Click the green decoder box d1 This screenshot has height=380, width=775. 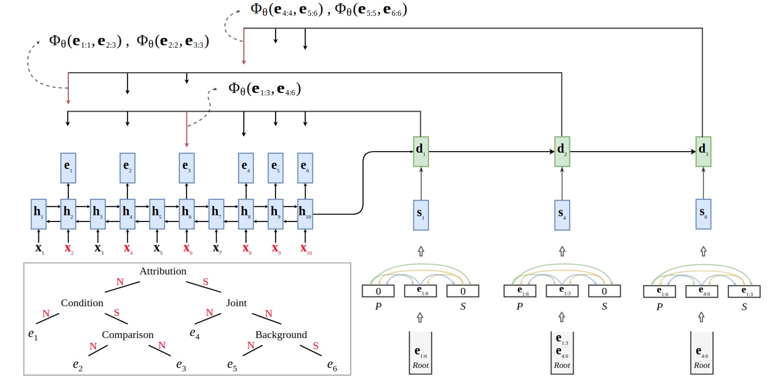(421, 151)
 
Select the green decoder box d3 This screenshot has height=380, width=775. (703, 151)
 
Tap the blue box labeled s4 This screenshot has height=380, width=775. (562, 215)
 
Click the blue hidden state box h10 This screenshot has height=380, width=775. (305, 214)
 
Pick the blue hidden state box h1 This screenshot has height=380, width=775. (38, 214)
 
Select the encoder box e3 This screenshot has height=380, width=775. (186, 168)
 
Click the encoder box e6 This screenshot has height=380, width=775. (305, 168)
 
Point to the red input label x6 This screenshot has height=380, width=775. (187, 249)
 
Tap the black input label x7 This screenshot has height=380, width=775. (216, 249)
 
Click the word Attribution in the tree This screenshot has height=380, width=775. (163, 271)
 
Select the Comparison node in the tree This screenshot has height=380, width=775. (127, 335)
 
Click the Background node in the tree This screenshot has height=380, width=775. (281, 335)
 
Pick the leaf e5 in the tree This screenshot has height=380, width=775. (232, 365)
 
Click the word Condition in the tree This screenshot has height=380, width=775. (82, 303)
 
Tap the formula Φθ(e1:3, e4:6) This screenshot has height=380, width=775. (264, 89)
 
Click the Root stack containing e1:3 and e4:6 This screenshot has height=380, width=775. (562, 352)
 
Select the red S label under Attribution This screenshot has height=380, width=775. (205, 282)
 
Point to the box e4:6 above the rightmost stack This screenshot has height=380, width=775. (702, 291)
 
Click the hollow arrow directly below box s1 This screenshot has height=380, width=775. (421, 251)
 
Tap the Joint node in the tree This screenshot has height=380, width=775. (236, 303)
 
